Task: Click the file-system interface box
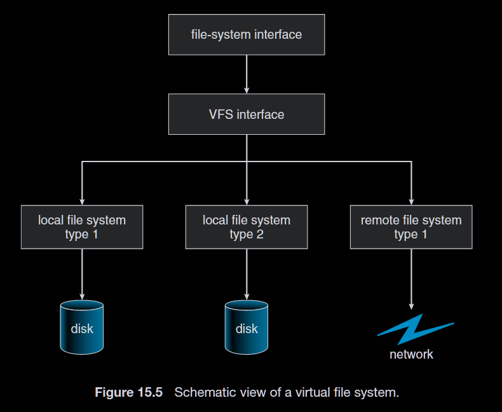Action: [247, 34]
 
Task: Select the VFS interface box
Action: [247, 114]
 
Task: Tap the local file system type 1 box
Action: [82, 227]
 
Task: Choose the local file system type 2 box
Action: [247, 227]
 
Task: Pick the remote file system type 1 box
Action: [411, 227]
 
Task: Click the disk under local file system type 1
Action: [82, 327]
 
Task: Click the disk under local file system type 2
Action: [247, 327]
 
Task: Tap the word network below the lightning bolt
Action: [411, 354]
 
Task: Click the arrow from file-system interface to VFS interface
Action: [247, 74]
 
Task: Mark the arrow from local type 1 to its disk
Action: [82, 273]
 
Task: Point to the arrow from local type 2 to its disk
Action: [247, 273]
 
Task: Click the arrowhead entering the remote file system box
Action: [411, 201]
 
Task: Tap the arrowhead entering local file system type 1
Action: [82, 201]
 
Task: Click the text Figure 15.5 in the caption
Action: [128, 392]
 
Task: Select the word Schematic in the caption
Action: [202, 392]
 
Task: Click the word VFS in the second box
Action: [221, 114]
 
